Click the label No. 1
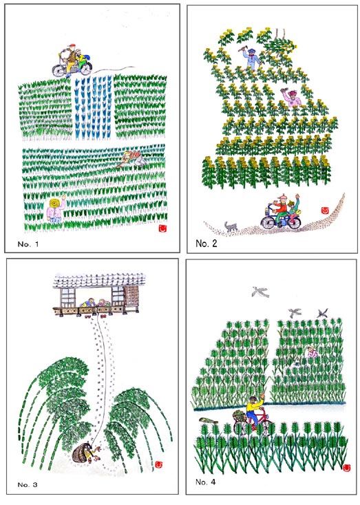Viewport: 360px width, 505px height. [28, 244]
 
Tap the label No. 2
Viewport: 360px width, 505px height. [207, 244]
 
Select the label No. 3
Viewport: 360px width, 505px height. [28, 485]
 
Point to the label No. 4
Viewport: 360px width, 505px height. [206, 482]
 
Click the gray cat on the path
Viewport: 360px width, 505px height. [231, 227]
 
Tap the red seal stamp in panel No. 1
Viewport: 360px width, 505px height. [163, 228]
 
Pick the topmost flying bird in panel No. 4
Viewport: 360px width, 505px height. [260, 292]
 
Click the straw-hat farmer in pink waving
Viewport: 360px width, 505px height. [56, 209]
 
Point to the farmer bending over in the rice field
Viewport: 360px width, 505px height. [132, 159]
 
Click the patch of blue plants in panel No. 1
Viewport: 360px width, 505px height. [93, 108]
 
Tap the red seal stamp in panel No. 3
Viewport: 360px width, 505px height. [158, 464]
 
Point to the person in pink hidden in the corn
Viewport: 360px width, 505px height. [312, 352]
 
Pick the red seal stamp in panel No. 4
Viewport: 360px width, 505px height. [347, 468]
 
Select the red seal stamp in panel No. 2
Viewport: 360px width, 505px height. [324, 211]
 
